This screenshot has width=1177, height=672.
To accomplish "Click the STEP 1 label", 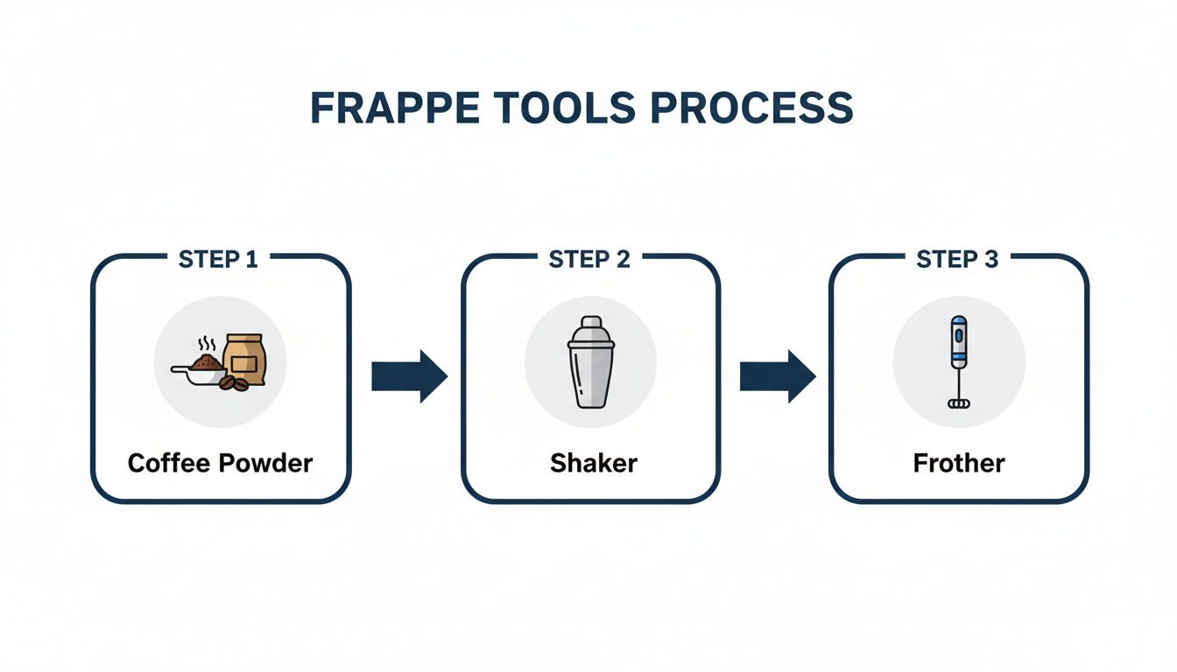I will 218,259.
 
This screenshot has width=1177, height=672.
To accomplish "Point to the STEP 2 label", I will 589,259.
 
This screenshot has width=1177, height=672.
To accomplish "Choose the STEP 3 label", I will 957,259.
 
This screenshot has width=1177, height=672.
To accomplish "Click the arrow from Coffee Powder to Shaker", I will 409,376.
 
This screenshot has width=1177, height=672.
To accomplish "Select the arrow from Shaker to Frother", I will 778,376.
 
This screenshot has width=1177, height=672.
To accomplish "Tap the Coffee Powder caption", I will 220,463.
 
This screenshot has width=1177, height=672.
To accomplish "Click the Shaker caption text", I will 593,463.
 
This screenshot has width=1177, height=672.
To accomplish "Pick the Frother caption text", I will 959,463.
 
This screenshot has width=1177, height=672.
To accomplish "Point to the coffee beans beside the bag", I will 231,383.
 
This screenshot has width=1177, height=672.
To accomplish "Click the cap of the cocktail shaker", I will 590,329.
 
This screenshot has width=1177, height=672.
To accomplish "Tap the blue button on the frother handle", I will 959,334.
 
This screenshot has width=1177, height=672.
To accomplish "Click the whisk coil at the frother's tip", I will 959,402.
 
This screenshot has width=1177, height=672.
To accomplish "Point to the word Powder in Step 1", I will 266,463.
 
